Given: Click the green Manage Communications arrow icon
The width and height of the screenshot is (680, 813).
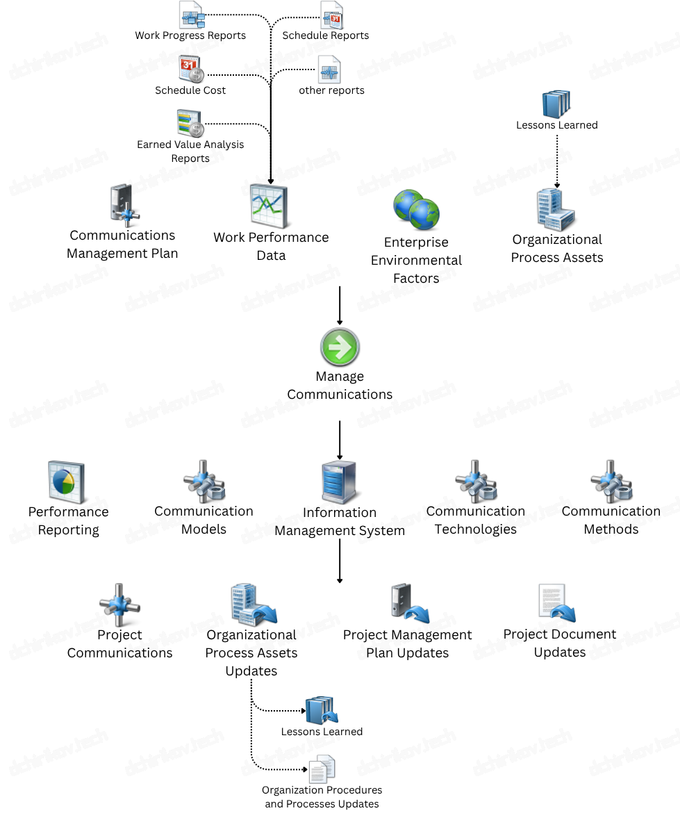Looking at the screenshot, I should coord(340,347).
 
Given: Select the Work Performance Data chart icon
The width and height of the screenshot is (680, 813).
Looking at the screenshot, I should coord(269,207).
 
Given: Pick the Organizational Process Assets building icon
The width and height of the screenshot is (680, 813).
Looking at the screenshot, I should coord(556,210).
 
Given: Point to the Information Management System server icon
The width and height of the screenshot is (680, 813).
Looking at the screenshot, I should coord(340,482).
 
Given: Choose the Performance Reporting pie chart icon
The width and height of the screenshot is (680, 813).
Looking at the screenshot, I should coord(67,482).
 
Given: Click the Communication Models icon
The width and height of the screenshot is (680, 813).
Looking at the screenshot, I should coord(204,481).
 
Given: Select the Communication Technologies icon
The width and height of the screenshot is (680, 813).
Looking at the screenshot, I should coord(476,481).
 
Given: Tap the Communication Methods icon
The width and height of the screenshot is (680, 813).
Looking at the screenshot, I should coord(611,481).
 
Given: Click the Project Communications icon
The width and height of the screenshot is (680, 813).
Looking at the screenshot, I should coord(119,605).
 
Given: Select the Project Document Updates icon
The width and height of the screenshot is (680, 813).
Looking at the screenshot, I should coord(557,603).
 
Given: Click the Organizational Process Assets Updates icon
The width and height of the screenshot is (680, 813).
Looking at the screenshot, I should coord(252,605).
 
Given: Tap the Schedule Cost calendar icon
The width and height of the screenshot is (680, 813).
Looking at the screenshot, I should coord(191,69).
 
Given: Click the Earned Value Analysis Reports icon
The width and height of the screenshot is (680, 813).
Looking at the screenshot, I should coord(190,123).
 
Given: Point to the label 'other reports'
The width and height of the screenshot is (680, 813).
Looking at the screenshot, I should coord(331,90).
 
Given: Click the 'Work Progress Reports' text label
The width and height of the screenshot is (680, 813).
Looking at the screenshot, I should coord(190,35).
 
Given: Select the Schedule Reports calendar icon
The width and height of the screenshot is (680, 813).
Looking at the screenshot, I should coord(331,15).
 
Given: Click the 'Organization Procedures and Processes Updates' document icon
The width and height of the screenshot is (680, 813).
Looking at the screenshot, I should coord(322,769).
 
